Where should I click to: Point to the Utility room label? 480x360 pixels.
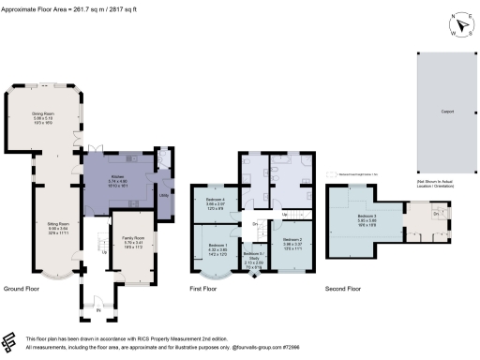tap(163, 194)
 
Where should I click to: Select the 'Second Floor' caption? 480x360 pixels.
tap(342, 289)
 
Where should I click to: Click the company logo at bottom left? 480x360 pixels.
tap(12, 341)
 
